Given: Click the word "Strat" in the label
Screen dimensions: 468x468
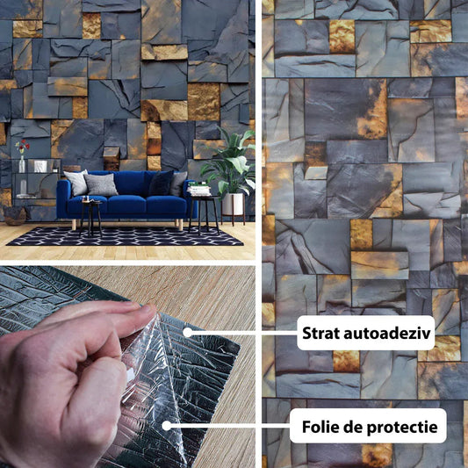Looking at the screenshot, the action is click(320, 333).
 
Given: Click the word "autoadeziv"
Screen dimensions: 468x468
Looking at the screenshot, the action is click(387, 333).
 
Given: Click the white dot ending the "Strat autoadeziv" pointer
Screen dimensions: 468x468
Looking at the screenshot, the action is click(187, 332).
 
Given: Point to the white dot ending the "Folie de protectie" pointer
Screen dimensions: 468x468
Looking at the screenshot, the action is click(167, 426).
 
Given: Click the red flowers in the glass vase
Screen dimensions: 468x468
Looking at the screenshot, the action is click(23, 147).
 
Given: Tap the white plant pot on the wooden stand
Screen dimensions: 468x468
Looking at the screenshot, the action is click(233, 205).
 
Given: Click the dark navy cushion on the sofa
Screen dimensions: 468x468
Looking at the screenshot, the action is click(162, 183).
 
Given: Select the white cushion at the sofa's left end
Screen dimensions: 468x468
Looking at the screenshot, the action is click(76, 182).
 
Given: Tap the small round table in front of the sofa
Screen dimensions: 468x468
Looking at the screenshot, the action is click(90, 216).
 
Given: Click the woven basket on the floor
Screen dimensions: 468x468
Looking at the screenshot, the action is click(15, 216).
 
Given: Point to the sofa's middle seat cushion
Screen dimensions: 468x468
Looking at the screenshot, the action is click(126, 204).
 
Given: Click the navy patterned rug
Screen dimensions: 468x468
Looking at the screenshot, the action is click(126, 236).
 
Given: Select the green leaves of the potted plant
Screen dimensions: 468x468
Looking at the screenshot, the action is click(229, 162).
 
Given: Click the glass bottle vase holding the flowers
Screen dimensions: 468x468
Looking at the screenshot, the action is click(22, 164).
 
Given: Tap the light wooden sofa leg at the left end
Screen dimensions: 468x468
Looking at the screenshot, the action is click(74, 225).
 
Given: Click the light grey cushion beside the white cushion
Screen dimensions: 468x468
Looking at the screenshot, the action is click(101, 184).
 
